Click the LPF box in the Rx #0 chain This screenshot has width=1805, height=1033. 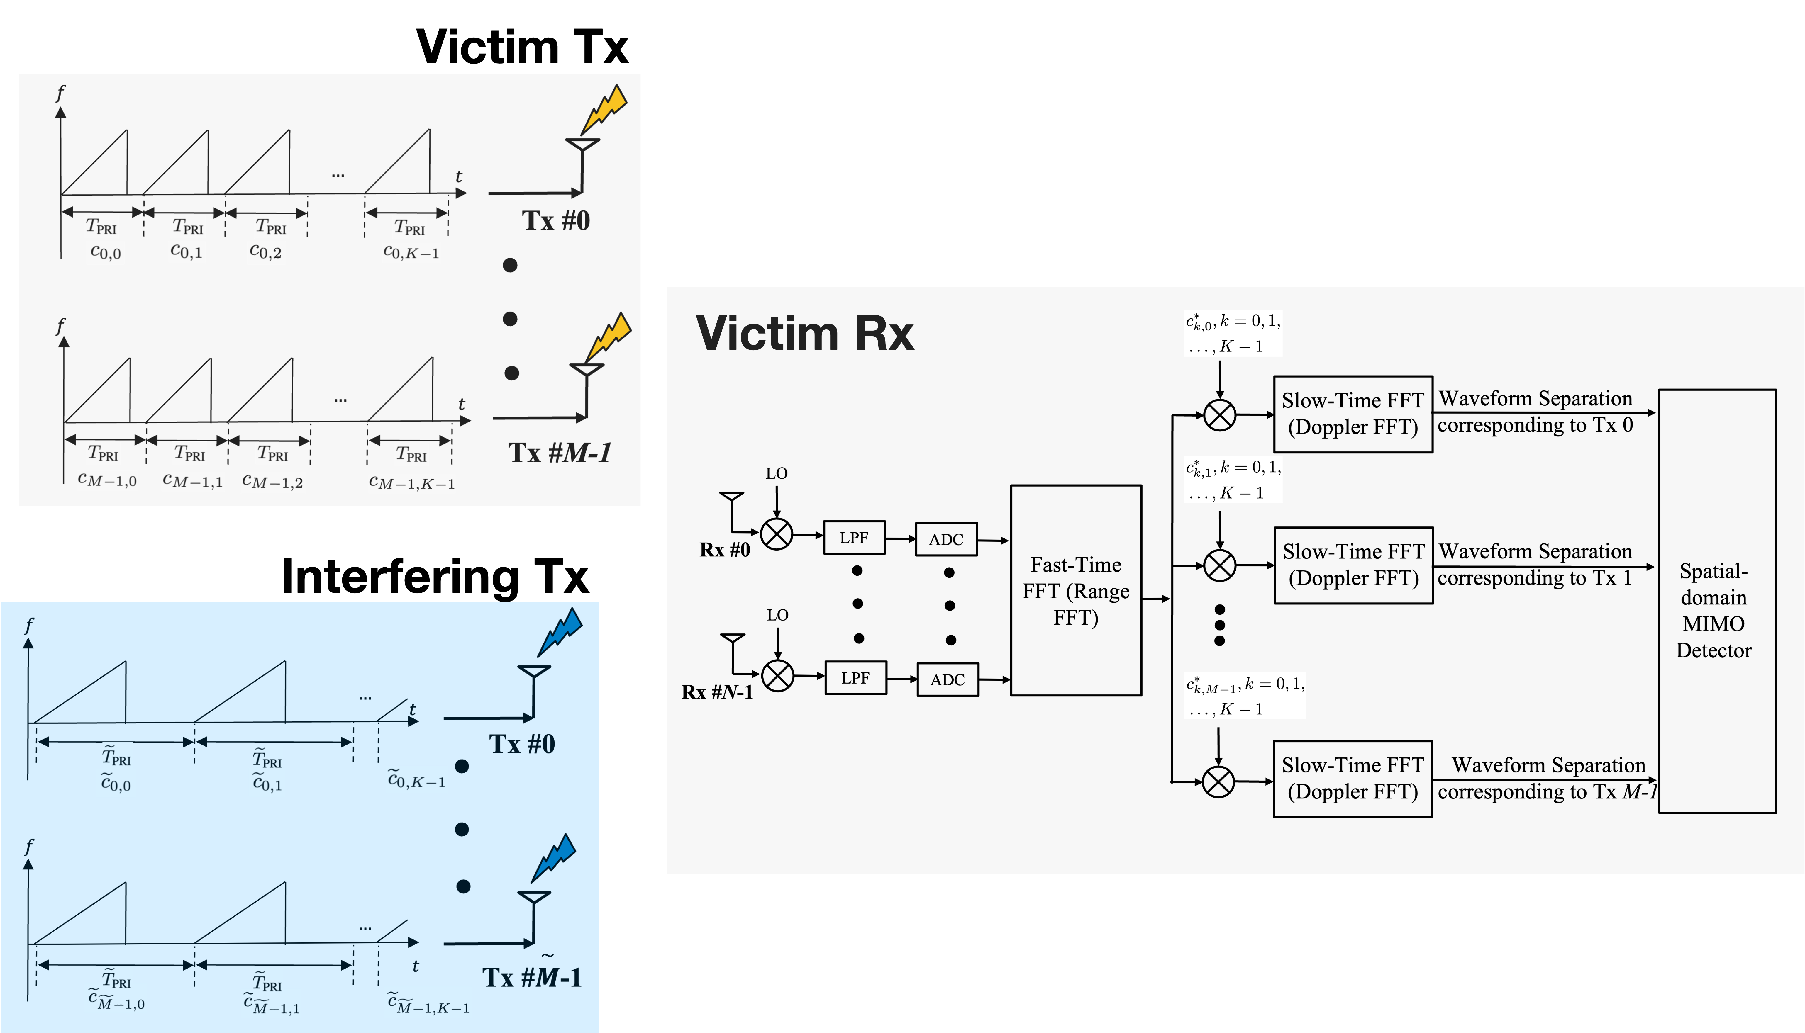(854, 538)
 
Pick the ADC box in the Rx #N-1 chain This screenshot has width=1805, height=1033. (948, 680)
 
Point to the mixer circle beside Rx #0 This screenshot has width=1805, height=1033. (777, 534)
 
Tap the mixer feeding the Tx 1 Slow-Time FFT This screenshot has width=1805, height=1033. (1219, 565)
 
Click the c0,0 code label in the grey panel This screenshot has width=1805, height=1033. (105, 253)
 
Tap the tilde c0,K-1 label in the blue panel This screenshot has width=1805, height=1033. (417, 780)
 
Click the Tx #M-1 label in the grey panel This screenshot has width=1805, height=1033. (559, 453)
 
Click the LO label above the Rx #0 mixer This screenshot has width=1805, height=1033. (777, 473)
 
